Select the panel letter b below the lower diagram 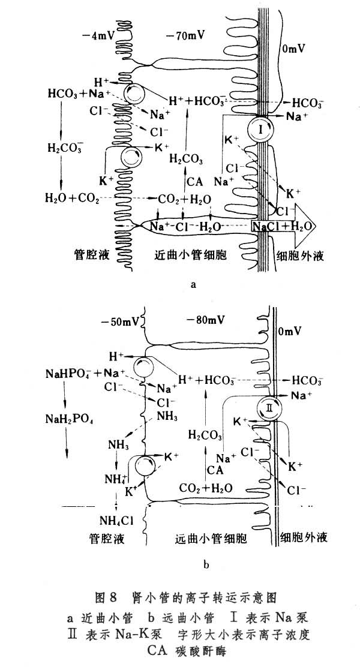206,564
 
